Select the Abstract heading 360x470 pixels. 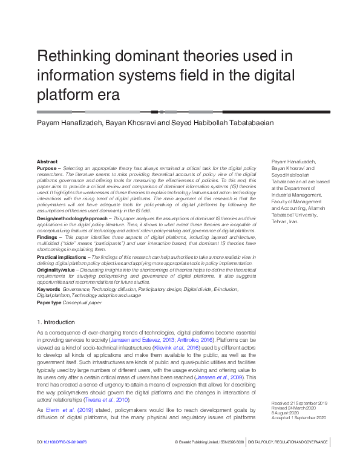pos(47,162)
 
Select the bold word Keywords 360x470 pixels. pos(48,290)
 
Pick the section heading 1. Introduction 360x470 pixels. pos(56,322)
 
